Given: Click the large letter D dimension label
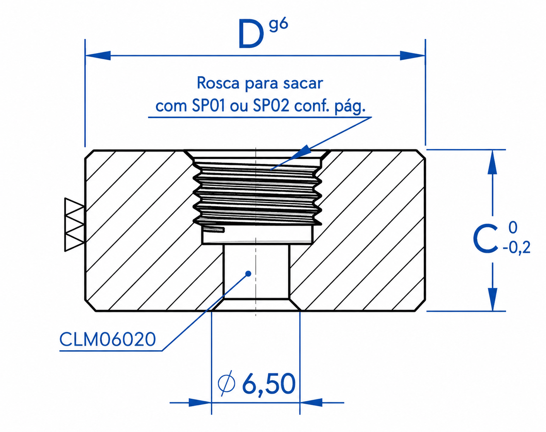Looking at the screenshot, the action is coord(250,34).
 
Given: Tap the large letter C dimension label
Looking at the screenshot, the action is coord(485,239).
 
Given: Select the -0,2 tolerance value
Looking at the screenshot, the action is coord(516,248).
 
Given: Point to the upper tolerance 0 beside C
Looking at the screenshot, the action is coord(513,227).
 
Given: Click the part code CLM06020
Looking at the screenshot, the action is coord(108,339).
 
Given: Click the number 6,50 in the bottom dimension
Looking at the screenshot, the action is coord(269,384).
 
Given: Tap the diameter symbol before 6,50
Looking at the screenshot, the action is coord(226,384).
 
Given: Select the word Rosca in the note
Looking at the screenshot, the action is coord(218,83).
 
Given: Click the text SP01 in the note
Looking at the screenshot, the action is coord(209,106).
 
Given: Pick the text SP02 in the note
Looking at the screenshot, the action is coord(271,106).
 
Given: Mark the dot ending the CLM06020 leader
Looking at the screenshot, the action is coord(249,274).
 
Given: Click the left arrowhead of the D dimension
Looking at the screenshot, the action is coord(98,55).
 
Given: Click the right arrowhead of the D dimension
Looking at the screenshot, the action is coord(412,55).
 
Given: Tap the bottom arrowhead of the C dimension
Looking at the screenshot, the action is coord(492,299).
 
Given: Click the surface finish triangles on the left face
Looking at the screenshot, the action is coord(74,225).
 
